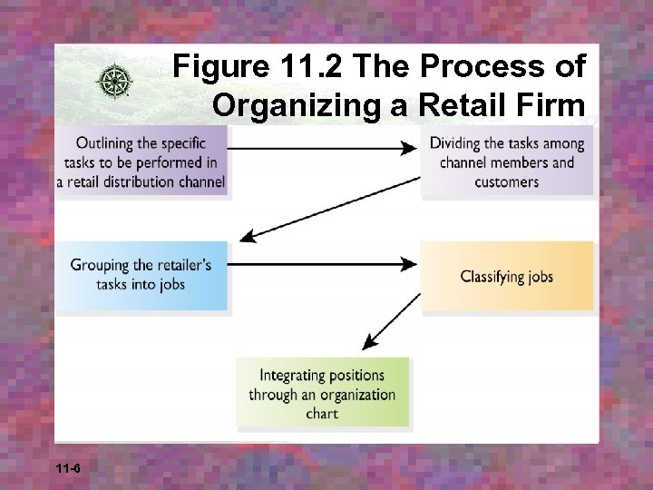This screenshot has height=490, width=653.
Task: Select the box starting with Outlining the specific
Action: coord(141,162)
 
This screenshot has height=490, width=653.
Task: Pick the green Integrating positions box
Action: coord(323,394)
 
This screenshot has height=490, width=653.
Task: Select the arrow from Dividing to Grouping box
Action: coord(331,209)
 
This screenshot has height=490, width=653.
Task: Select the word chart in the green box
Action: coord(323,413)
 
